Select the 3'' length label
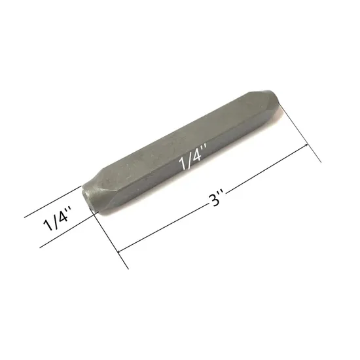(x=218, y=197)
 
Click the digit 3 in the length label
(x=215, y=198)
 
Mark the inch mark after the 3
(x=223, y=194)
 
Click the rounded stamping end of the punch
(x=90, y=196)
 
